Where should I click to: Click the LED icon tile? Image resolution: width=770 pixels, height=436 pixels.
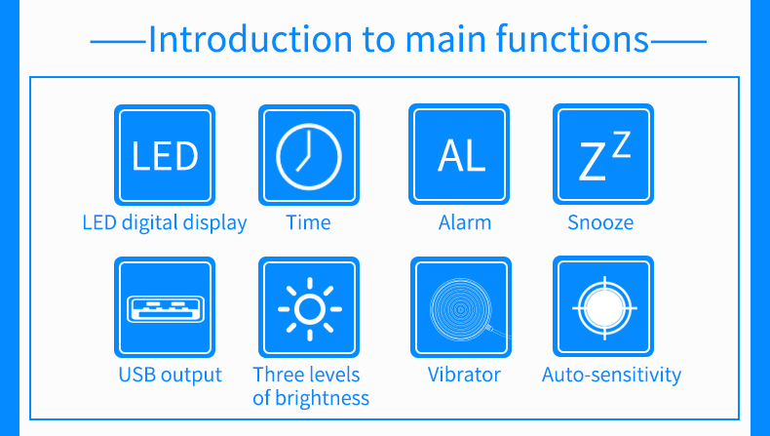click(165, 155)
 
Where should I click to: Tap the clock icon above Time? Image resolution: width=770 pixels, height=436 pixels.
click(309, 155)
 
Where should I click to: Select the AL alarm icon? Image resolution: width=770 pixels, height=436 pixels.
click(459, 154)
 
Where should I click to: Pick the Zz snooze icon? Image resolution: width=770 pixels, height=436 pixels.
click(603, 154)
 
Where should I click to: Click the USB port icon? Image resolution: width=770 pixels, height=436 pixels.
click(165, 307)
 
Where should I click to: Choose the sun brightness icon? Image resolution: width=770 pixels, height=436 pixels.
click(309, 307)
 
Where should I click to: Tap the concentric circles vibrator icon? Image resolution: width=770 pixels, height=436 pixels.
click(461, 307)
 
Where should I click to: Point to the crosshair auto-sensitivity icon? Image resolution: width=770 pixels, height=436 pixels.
click(603, 306)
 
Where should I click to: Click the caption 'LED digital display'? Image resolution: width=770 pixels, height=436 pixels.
click(165, 222)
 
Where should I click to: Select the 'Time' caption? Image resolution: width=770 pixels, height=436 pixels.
click(308, 222)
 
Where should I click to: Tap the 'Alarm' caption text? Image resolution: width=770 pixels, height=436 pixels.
click(465, 222)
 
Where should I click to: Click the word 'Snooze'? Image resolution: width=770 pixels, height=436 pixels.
click(600, 222)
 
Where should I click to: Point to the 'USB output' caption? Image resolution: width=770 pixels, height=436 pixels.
click(171, 376)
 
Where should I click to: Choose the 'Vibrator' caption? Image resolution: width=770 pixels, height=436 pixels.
click(464, 375)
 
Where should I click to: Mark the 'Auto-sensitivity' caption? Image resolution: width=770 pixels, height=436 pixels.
click(612, 376)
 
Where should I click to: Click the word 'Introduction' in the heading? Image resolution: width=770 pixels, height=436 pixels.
click(250, 39)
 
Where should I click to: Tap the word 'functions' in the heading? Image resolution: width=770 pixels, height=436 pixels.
click(572, 39)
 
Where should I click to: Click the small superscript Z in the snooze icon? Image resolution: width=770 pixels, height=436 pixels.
click(622, 144)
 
